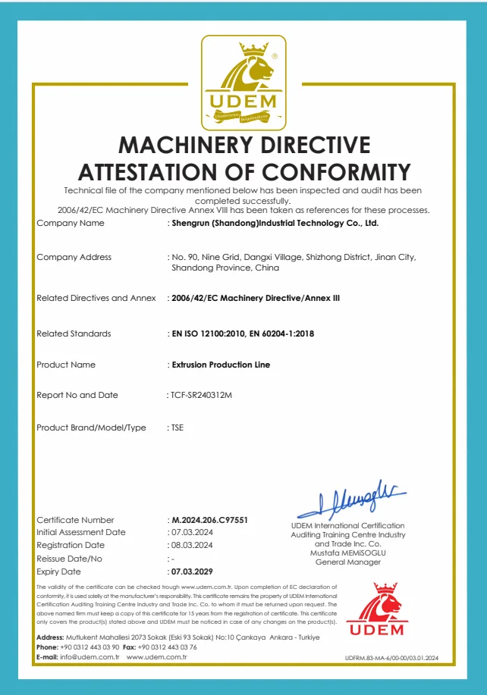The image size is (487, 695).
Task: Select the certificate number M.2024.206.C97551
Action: [210, 520]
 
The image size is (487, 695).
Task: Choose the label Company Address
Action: [74, 257]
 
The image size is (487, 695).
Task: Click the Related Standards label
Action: [74, 333]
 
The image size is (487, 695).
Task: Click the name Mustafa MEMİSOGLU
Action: [348, 553]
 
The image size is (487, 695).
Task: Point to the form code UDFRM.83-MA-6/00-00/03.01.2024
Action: [397, 659]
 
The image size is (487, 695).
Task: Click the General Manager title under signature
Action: [348, 562]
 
